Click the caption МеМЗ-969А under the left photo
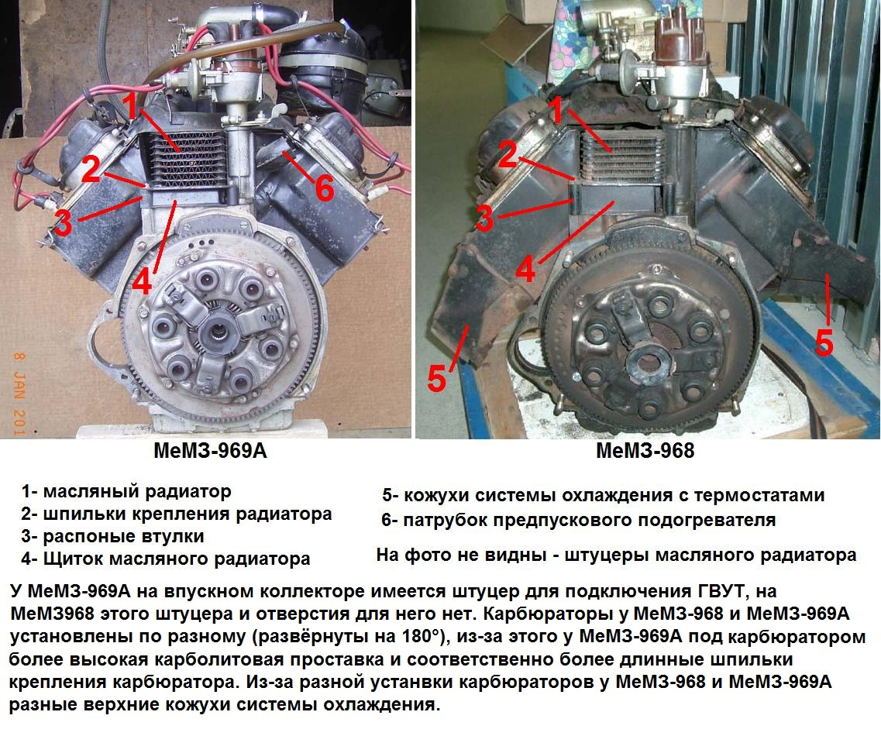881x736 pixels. click(x=210, y=451)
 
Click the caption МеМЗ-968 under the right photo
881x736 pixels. click(x=645, y=451)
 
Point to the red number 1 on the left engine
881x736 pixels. click(x=131, y=106)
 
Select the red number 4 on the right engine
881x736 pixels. click(x=525, y=269)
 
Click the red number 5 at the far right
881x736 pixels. click(x=824, y=342)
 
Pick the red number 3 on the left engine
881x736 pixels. click(x=63, y=222)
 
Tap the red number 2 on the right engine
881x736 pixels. click(x=508, y=154)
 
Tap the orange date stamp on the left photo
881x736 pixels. click(x=19, y=394)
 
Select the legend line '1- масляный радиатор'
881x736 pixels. click(x=126, y=491)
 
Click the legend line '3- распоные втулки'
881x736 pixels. click(x=113, y=536)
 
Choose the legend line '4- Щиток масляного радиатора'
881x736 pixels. click(x=166, y=559)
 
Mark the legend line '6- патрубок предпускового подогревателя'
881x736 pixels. click(x=579, y=520)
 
